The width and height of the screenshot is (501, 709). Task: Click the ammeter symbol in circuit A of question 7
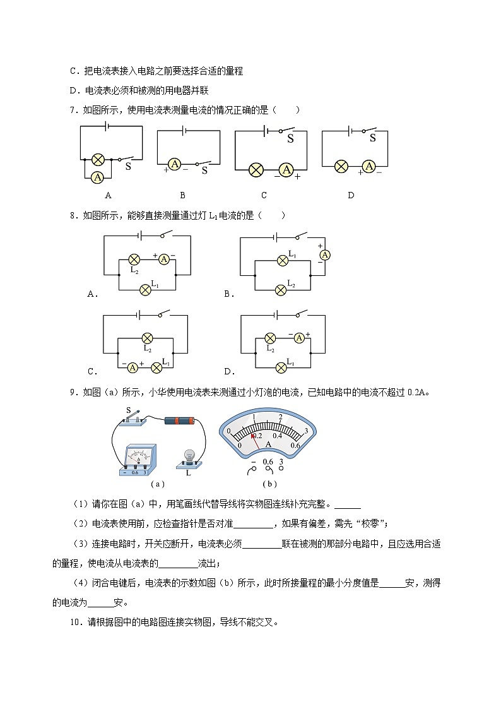tap(98, 177)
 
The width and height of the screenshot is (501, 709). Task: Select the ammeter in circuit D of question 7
tap(369, 166)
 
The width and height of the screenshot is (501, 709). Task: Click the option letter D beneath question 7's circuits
tap(351, 195)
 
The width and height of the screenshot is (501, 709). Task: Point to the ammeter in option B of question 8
tap(325, 254)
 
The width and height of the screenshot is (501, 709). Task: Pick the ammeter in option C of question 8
tap(133, 367)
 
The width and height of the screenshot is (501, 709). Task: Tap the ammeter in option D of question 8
tap(300, 338)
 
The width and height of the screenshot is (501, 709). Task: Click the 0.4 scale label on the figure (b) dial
tap(278, 436)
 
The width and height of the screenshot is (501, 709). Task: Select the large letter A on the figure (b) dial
tap(268, 445)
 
